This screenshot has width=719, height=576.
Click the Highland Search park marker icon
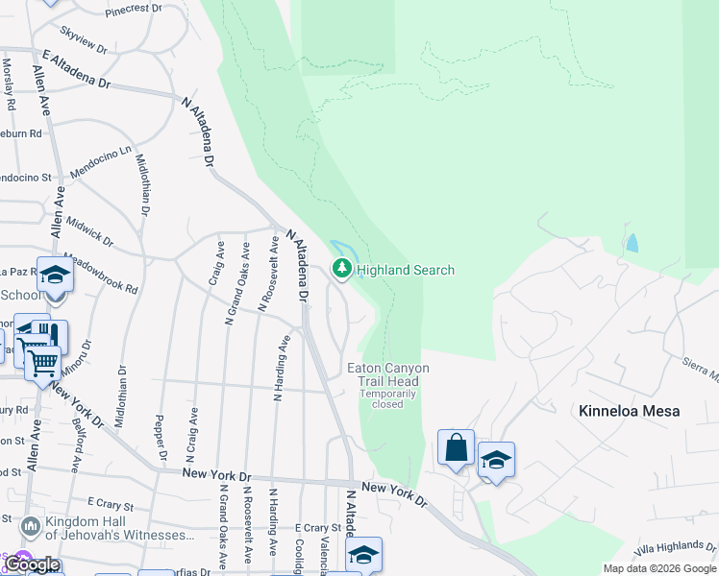341,271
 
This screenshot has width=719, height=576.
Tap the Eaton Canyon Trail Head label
388,374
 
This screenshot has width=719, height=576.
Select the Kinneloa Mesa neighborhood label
630,411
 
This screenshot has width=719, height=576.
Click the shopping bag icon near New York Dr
456,447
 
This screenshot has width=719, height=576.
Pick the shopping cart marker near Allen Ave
42,363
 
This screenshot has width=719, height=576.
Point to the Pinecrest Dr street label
134,9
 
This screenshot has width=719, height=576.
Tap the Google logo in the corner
31,564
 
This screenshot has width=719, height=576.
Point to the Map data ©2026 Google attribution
659,568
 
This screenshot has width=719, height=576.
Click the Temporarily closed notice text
388,398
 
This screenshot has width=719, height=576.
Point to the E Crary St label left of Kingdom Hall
109,502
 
